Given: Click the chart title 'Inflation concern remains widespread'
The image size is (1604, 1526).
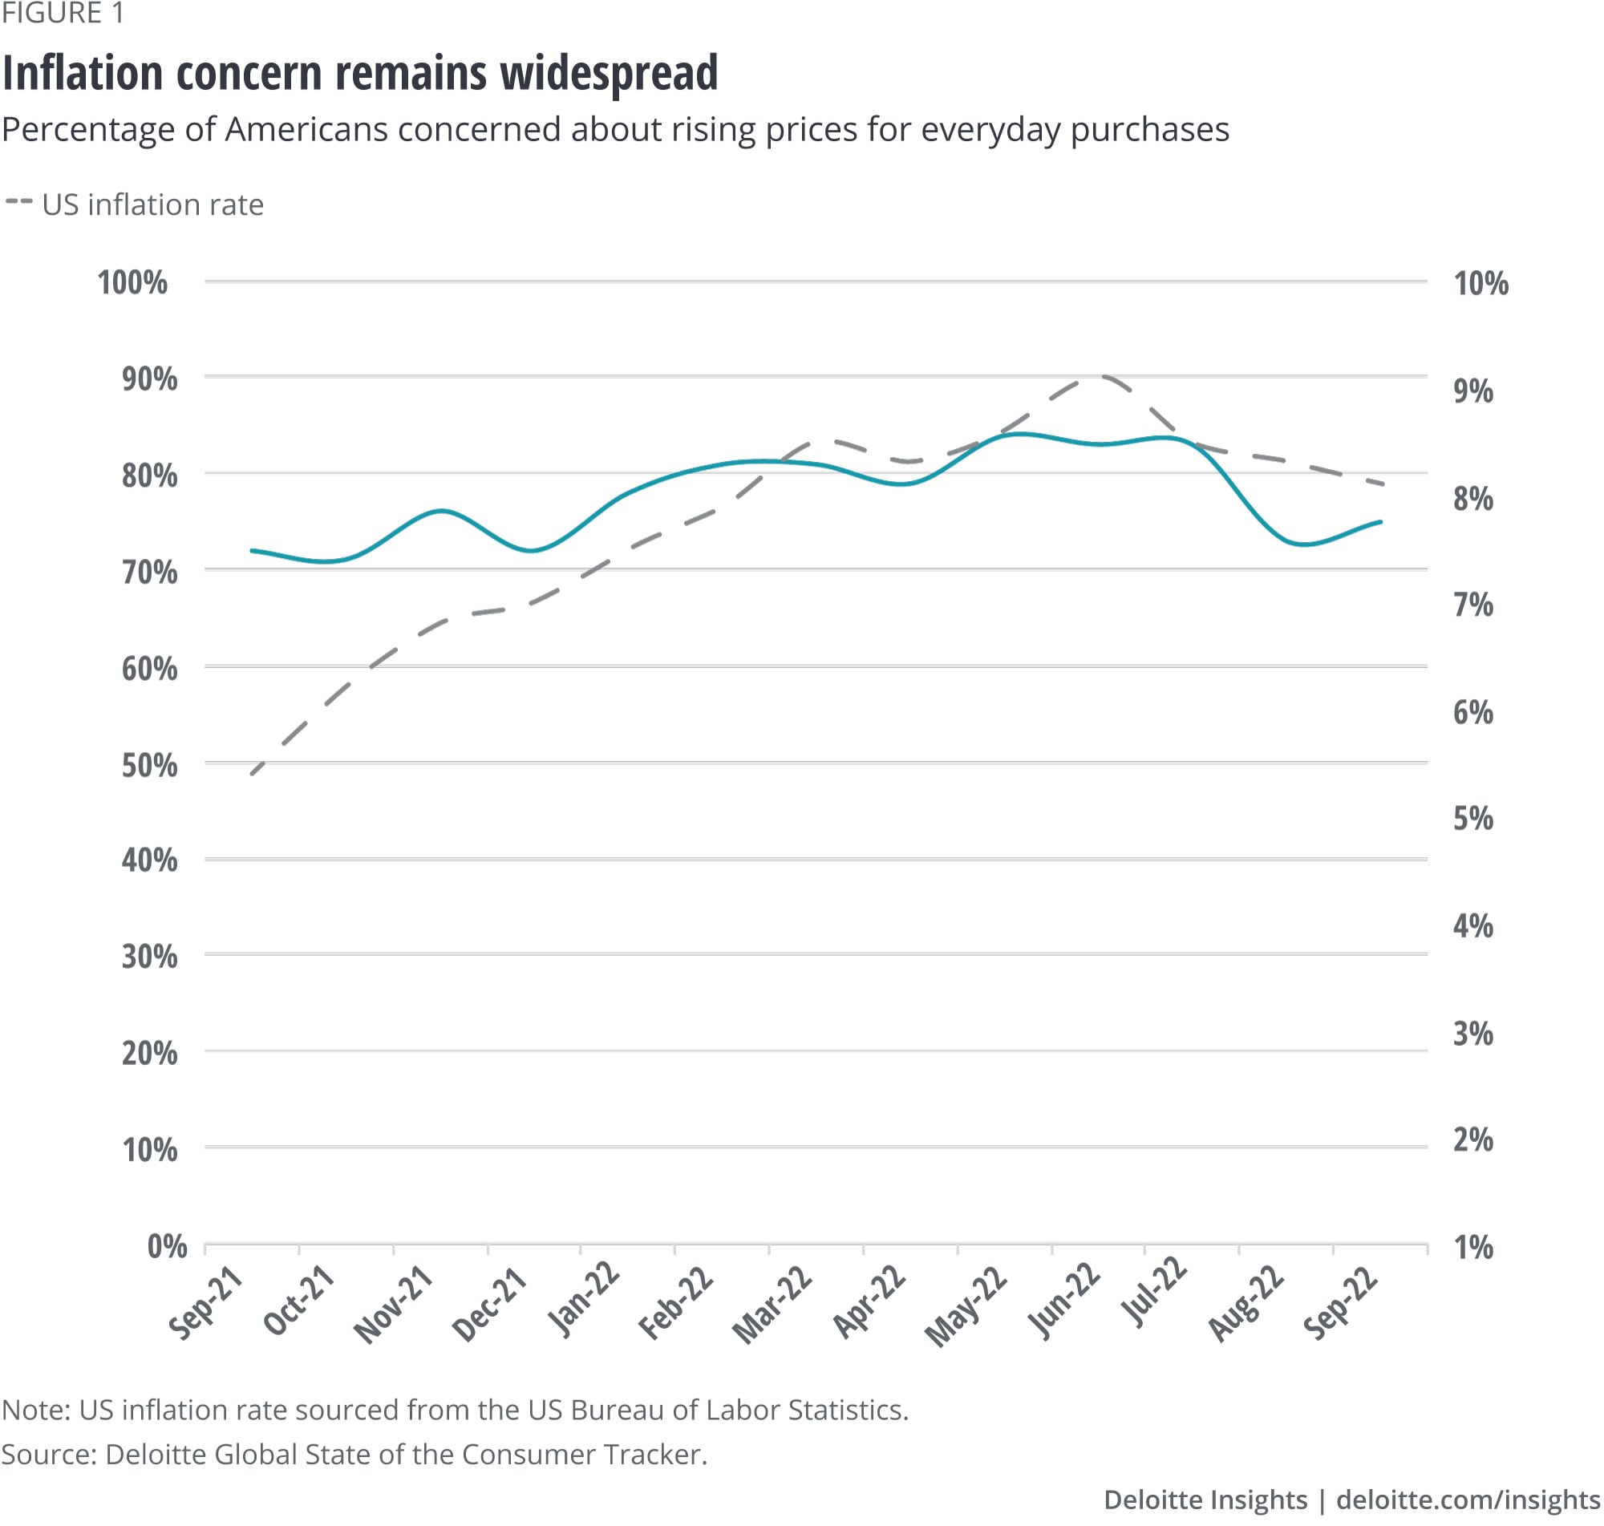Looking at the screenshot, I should point(360,72).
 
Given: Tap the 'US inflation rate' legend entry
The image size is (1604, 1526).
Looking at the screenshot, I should point(152,204).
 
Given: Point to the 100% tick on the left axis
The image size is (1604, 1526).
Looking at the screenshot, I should point(132,282).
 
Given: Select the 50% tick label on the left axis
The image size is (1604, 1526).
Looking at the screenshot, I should point(150,765).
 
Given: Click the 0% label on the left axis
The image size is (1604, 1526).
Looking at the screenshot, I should point(167,1245).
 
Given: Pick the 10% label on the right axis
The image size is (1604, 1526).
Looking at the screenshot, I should point(1480,283).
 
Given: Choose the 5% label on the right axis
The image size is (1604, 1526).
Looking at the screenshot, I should point(1473,818).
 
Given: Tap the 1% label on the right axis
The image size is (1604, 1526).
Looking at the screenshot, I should point(1473,1247).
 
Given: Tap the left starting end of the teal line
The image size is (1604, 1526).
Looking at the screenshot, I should point(252,551).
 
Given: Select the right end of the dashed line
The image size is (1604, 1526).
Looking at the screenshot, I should point(1383,484).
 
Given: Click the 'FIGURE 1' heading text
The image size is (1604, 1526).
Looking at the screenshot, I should point(63,14).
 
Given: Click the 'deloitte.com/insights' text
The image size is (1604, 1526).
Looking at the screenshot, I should point(1468,1499).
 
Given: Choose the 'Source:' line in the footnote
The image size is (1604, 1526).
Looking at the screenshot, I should point(354,1454).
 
